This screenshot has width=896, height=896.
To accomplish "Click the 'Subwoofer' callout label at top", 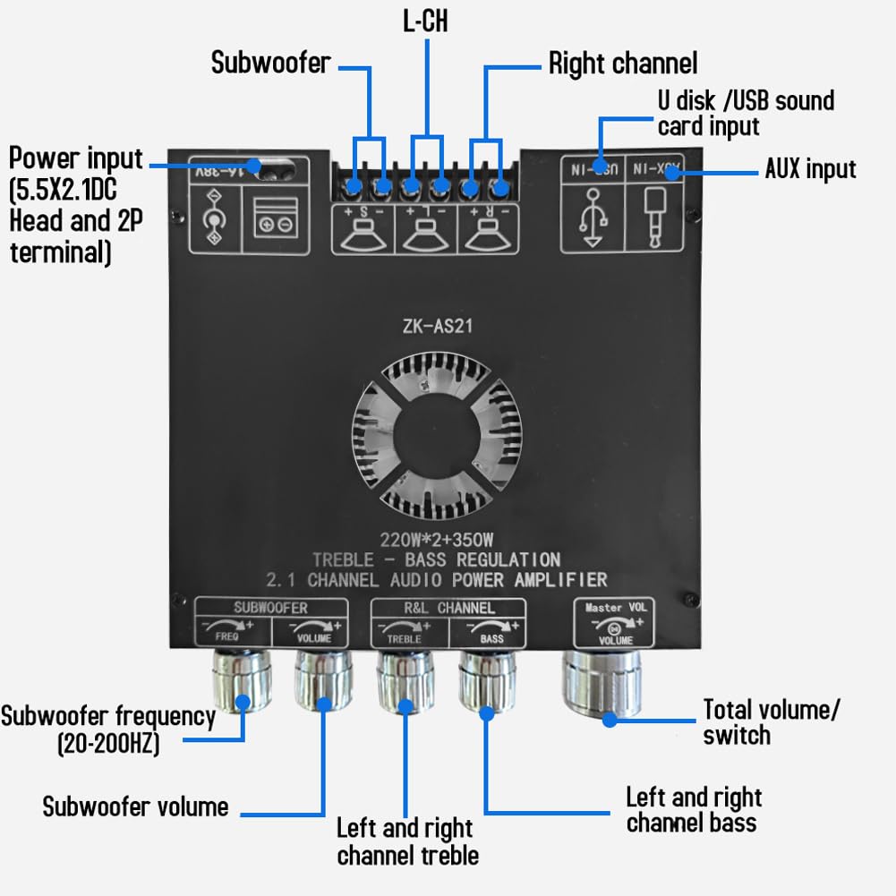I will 270,63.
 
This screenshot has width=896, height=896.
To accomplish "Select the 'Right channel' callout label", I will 622,64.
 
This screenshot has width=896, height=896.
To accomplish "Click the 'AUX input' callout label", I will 810,168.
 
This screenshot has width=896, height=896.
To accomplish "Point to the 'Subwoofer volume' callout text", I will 135,806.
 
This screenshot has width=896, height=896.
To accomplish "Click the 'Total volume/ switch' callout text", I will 771,722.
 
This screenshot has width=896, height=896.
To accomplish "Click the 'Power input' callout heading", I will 76,159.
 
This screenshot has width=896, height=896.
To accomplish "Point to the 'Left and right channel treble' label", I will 407,841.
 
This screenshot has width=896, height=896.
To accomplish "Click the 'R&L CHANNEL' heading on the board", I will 448,608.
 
